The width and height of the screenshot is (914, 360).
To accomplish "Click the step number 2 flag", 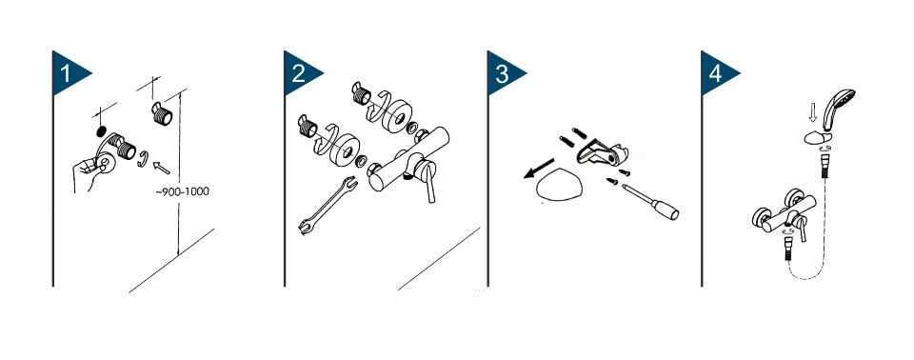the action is point(299,73).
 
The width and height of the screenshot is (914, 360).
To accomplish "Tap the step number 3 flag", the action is point(503,73).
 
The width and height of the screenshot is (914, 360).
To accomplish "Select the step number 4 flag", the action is point(716,73).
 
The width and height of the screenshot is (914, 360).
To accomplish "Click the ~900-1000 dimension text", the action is point(182,191).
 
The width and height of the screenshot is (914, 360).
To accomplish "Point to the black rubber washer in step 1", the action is point(101,130).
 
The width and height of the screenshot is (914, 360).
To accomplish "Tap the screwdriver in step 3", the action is point(650,202).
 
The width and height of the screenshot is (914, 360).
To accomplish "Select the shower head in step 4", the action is point(837,108).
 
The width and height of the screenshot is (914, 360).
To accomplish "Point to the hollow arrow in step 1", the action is point(161,167).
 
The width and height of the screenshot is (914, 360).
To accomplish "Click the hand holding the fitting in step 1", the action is point(88,172).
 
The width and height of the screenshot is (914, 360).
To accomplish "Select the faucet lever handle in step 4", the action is point(803,229).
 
